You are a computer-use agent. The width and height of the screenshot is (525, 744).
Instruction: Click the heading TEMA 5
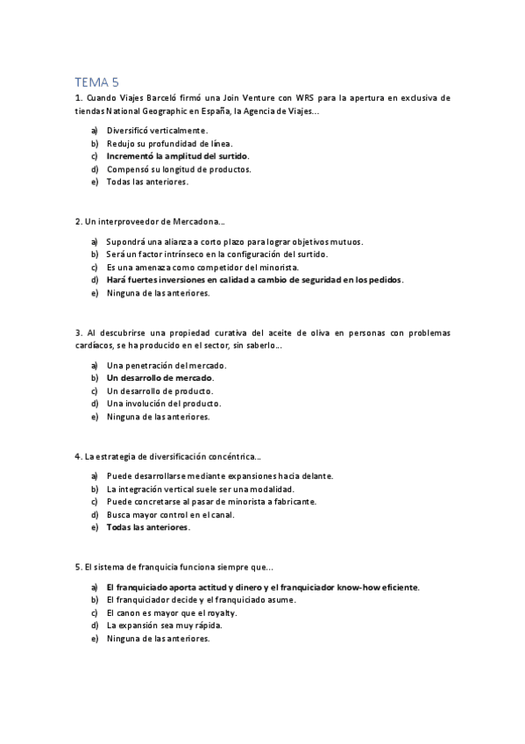pyautogui.click(x=97, y=81)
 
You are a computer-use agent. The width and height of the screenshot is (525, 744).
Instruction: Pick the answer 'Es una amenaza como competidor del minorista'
pyautogui.click(x=202, y=267)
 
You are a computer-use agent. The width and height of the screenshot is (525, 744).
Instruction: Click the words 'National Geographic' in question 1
pyautogui.click(x=141, y=111)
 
